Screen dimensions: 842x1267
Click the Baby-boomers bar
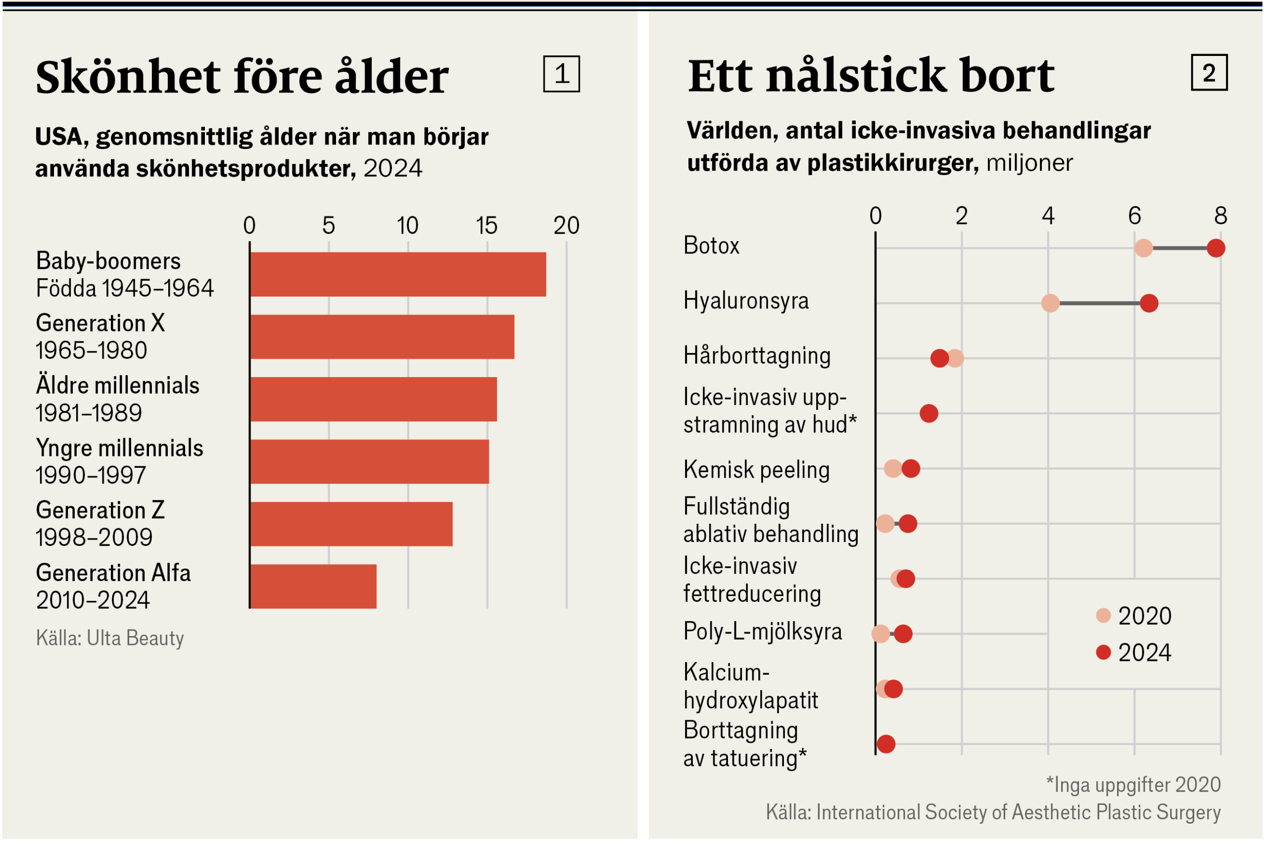398,274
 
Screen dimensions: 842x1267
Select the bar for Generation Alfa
313,587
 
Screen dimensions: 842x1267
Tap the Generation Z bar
351,524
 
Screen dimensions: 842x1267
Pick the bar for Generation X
382,337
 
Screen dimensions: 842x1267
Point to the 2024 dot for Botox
1216,248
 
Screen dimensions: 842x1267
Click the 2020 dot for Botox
1144,248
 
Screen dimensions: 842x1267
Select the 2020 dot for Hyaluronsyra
1050,303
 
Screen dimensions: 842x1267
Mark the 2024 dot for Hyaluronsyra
1149,303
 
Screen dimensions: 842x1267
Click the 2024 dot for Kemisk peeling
911,469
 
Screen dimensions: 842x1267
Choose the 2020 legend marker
1103,615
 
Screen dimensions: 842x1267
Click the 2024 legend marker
1103,652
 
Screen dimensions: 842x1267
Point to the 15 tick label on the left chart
487,226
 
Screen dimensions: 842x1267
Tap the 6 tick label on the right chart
1134,216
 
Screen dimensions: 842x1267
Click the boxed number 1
562,74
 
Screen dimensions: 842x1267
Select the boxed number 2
1209,72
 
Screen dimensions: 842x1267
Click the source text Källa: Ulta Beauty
110,639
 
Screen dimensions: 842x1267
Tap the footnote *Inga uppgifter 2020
1133,785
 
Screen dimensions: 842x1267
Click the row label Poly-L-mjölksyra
762,632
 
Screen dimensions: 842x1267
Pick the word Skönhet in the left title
128,77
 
